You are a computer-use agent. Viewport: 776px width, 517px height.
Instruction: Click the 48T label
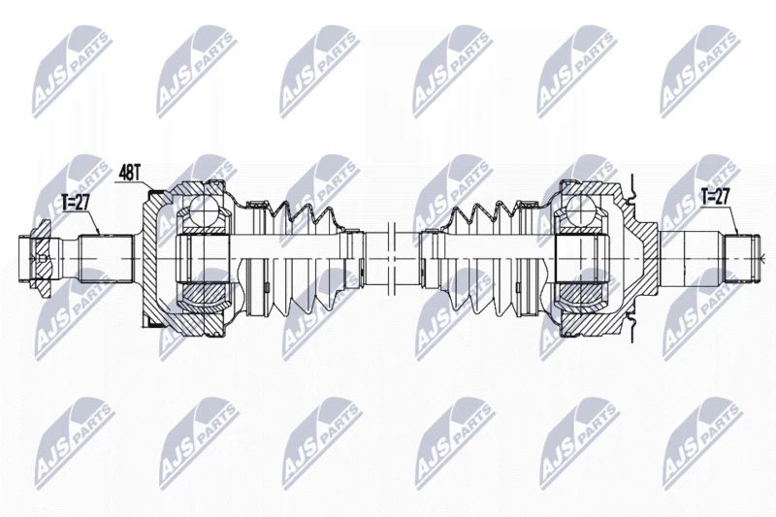(x=131, y=174)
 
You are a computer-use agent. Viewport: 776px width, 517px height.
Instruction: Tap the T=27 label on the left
(x=74, y=202)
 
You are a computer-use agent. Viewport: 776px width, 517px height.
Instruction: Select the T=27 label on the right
(x=715, y=196)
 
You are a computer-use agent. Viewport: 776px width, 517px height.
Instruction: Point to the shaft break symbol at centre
(x=392, y=258)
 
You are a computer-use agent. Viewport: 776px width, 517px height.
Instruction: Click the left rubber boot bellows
(x=302, y=258)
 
